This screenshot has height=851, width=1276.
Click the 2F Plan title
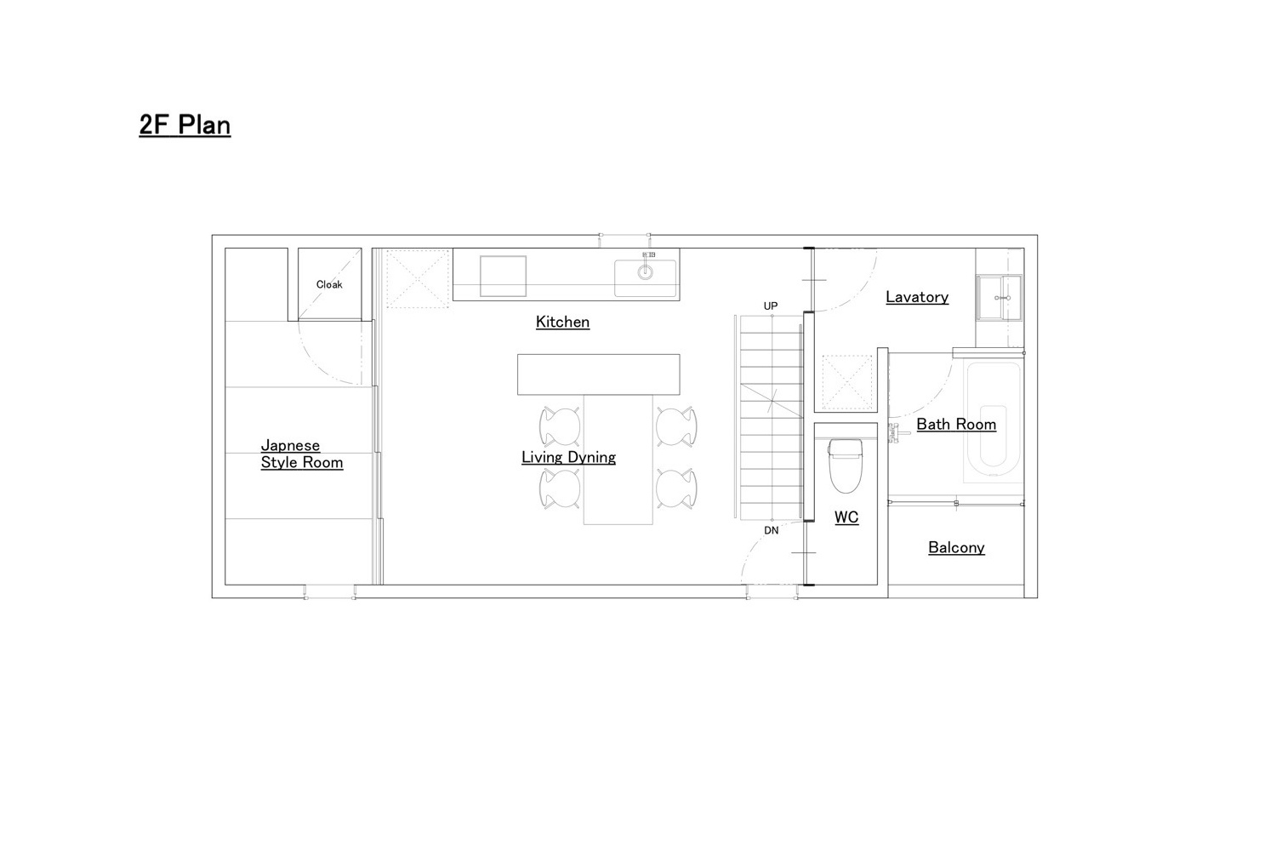click(x=185, y=125)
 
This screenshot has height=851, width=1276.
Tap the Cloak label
click(x=329, y=284)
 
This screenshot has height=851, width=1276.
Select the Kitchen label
click(x=562, y=322)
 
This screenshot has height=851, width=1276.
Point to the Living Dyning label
click(x=568, y=458)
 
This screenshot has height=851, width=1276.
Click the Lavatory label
click(x=917, y=297)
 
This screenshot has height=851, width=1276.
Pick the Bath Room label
click(x=956, y=425)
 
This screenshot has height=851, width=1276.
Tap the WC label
click(x=846, y=517)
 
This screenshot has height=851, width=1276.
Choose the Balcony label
click(x=956, y=548)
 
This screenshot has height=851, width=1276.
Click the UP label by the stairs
click(x=771, y=306)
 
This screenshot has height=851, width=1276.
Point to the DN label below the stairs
click(x=772, y=531)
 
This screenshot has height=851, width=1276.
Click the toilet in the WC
click(x=846, y=465)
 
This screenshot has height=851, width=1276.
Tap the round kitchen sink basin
click(x=645, y=272)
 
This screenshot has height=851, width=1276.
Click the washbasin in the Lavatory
click(x=1000, y=298)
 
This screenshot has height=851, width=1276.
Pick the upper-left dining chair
click(x=560, y=426)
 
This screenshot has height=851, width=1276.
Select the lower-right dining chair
click(x=676, y=488)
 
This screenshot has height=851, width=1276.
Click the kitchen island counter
click(x=599, y=374)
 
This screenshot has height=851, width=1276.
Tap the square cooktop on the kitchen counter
click(x=503, y=276)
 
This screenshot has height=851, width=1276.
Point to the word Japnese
click(x=291, y=446)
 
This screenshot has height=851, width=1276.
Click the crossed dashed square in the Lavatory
click(x=847, y=382)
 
